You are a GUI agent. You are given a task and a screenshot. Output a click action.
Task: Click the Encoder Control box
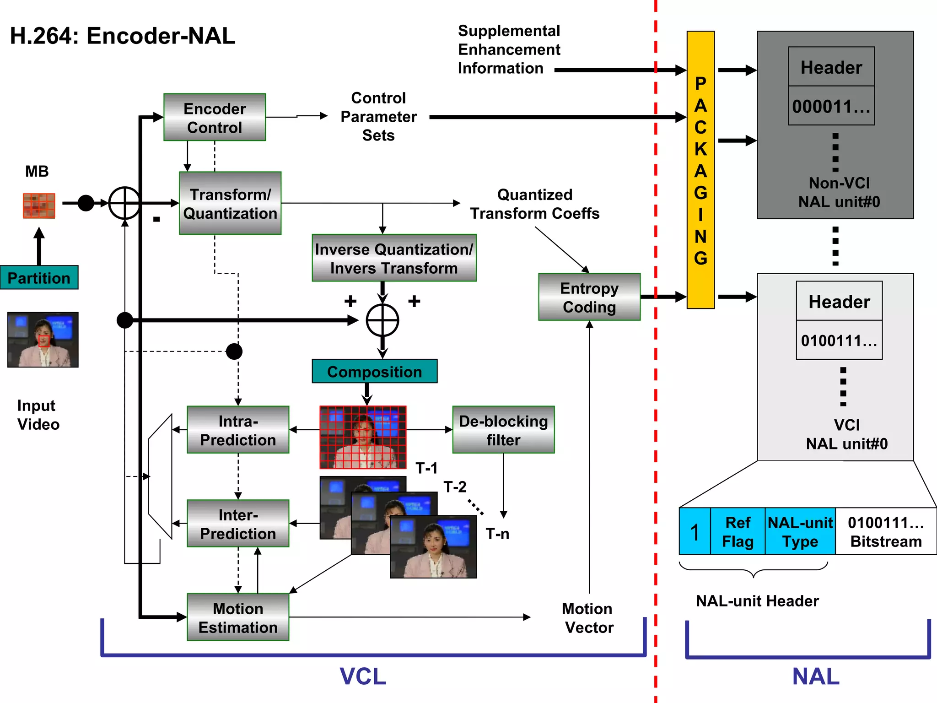[x=215, y=117]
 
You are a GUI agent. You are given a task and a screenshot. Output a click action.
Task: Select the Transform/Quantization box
[x=230, y=203]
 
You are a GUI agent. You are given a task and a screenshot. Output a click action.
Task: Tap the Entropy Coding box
[x=589, y=297]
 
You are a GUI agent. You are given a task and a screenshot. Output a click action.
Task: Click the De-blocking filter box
[x=503, y=430]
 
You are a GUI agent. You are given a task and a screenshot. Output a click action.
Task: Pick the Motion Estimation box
[x=238, y=617]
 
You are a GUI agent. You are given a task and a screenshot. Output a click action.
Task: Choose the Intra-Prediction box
[x=238, y=430]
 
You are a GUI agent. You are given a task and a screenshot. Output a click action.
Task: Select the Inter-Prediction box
[x=238, y=524]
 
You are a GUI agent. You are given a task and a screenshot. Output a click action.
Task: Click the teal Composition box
[x=374, y=371]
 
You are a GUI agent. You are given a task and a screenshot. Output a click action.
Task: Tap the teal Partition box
[x=39, y=278]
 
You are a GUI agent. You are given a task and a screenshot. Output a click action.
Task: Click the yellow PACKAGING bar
[x=700, y=170]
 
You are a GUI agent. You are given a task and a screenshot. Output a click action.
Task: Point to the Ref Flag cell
[x=738, y=531]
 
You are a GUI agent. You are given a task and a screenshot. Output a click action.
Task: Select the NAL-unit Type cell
[x=800, y=531]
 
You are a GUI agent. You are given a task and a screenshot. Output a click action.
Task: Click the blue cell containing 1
[x=695, y=531]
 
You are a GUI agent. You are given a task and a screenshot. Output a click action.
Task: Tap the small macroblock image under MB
[x=39, y=205]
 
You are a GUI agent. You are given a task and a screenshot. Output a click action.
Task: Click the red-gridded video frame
[x=363, y=437]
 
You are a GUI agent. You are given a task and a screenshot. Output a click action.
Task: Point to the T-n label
[x=497, y=534]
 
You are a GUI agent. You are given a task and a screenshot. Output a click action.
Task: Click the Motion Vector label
[x=588, y=618]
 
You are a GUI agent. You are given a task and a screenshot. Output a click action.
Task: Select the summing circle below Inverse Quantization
[x=382, y=320]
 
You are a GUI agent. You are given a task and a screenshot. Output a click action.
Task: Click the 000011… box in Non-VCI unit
[x=831, y=106]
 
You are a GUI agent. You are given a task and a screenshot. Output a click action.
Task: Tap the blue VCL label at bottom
[x=362, y=676]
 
